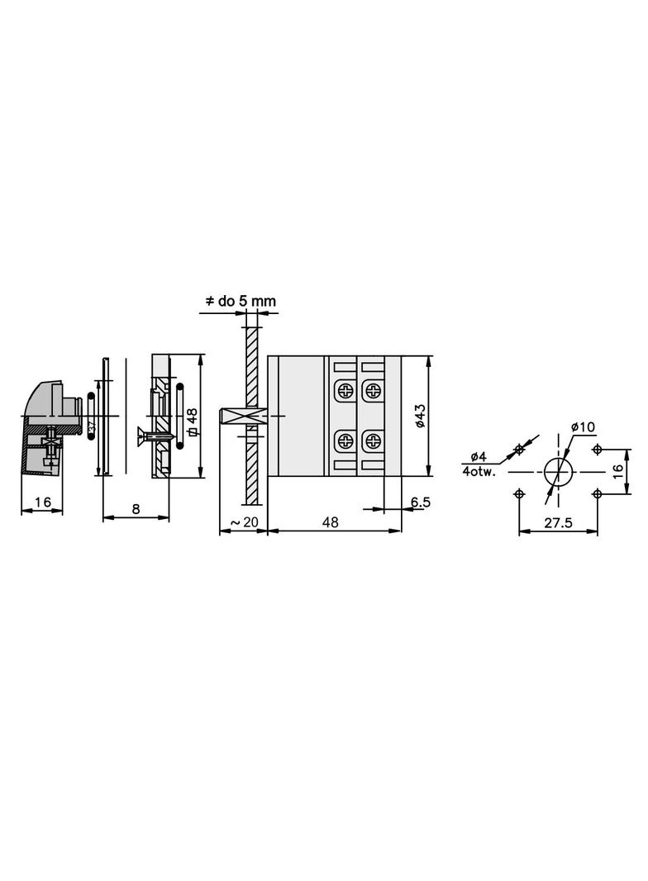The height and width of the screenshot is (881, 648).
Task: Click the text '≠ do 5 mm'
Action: [240, 302]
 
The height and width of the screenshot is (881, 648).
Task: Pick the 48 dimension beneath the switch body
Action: [331, 521]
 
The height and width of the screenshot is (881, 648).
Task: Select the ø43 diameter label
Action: [420, 416]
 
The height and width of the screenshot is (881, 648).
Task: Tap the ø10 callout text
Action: [583, 427]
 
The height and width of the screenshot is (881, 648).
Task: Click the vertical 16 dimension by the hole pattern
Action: [617, 472]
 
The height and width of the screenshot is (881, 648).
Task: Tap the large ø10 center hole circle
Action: [558, 471]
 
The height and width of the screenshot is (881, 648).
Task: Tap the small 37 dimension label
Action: [91, 426]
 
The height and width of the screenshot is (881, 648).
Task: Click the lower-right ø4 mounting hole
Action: [598, 493]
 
